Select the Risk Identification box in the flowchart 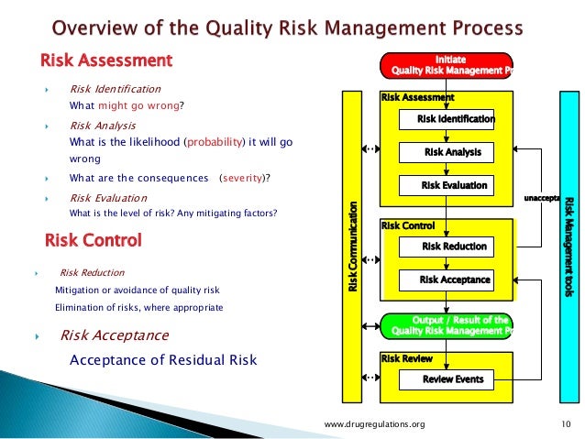click(455, 119)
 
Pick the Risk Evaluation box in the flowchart click(454, 185)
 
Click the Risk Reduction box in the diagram click(454, 247)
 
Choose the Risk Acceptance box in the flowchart click(454, 280)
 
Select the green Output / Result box click(447, 324)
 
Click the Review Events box click(453, 379)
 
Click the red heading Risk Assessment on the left click(105, 61)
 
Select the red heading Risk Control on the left click(93, 241)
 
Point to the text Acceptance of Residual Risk click(163, 359)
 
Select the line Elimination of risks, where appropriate click(138, 307)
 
